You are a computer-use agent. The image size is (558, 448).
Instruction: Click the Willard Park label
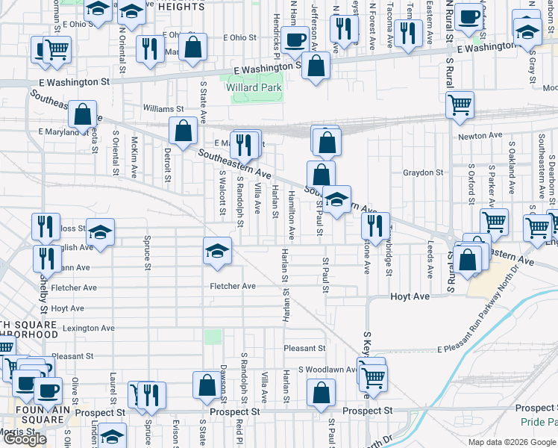click(x=253, y=87)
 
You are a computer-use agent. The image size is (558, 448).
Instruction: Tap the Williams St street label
click(x=163, y=109)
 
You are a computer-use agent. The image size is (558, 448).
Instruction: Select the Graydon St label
click(x=423, y=172)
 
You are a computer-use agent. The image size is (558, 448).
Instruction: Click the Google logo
click(x=25, y=439)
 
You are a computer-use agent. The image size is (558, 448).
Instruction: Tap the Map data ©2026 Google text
click(x=511, y=442)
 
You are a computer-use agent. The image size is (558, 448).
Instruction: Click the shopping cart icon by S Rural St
click(x=460, y=105)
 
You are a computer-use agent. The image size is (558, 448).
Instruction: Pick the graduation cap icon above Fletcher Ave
click(x=217, y=251)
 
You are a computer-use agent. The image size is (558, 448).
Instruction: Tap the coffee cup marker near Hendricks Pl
click(x=295, y=38)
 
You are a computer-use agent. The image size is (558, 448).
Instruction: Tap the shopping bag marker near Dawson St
click(x=206, y=385)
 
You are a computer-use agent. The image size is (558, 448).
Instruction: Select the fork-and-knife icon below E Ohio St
click(x=150, y=49)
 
